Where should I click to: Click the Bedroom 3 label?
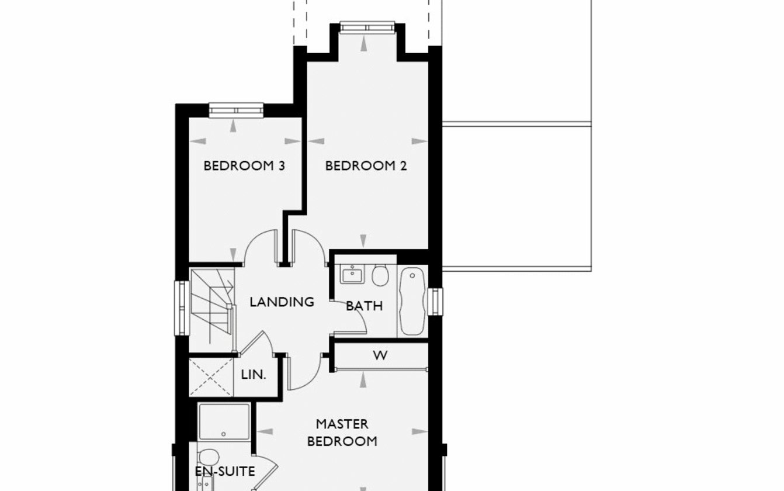tap(244, 165)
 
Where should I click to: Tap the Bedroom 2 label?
tap(366, 165)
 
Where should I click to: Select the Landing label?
tap(282, 302)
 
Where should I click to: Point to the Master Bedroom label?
tap(342, 433)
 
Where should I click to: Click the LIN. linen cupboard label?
tap(254, 375)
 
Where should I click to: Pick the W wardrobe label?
tap(380, 355)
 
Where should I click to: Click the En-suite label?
tap(225, 472)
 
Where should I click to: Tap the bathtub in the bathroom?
tap(412, 301)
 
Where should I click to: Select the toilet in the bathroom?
tap(380, 275)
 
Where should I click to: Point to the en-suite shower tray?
tap(224, 421)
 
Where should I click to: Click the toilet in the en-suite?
tap(209, 457)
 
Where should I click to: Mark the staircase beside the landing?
tap(211, 310)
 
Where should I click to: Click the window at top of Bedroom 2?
tap(367, 27)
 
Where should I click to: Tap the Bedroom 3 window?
tap(236, 110)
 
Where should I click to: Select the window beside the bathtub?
tap(435, 302)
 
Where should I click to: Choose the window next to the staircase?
tap(182, 308)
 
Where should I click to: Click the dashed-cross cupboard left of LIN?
tap(211, 378)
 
